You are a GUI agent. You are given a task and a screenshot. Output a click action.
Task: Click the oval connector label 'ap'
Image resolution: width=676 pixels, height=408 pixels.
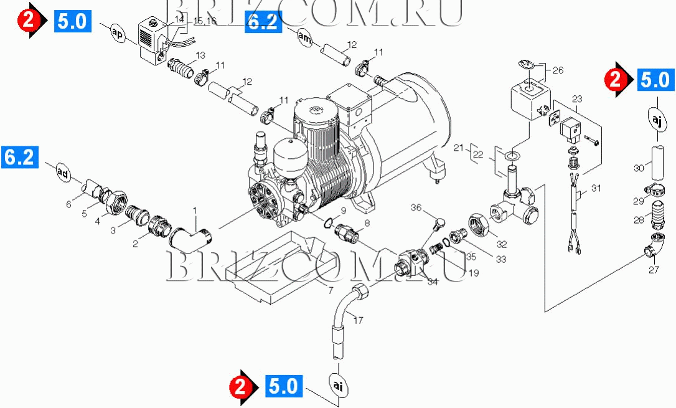click(x=118, y=34)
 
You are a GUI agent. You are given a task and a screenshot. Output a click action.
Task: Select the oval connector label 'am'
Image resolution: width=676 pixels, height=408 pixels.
click(x=304, y=38)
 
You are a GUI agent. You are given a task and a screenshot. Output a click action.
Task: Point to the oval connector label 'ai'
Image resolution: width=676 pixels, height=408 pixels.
click(x=337, y=386)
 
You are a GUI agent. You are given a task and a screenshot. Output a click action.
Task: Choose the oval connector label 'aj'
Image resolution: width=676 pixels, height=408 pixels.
click(x=657, y=118)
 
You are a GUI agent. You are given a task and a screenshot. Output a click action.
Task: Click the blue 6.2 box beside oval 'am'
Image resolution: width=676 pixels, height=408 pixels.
click(x=262, y=22)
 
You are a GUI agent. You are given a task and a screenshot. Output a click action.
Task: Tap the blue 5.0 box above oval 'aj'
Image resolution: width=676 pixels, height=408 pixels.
click(x=654, y=80)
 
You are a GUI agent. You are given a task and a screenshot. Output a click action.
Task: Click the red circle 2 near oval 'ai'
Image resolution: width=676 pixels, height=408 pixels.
click(x=243, y=387)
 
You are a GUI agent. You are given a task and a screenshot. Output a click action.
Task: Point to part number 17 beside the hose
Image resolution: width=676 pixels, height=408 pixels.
click(x=358, y=321)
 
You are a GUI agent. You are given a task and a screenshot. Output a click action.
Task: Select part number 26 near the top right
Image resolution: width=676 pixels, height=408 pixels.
click(x=557, y=70)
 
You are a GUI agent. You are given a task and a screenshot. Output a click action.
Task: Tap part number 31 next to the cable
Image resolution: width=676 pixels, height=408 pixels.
click(x=596, y=189)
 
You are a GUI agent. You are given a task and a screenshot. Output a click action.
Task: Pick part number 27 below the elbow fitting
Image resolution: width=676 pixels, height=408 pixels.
click(x=654, y=270)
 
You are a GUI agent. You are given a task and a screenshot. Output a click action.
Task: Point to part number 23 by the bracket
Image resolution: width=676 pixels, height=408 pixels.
click(x=576, y=99)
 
